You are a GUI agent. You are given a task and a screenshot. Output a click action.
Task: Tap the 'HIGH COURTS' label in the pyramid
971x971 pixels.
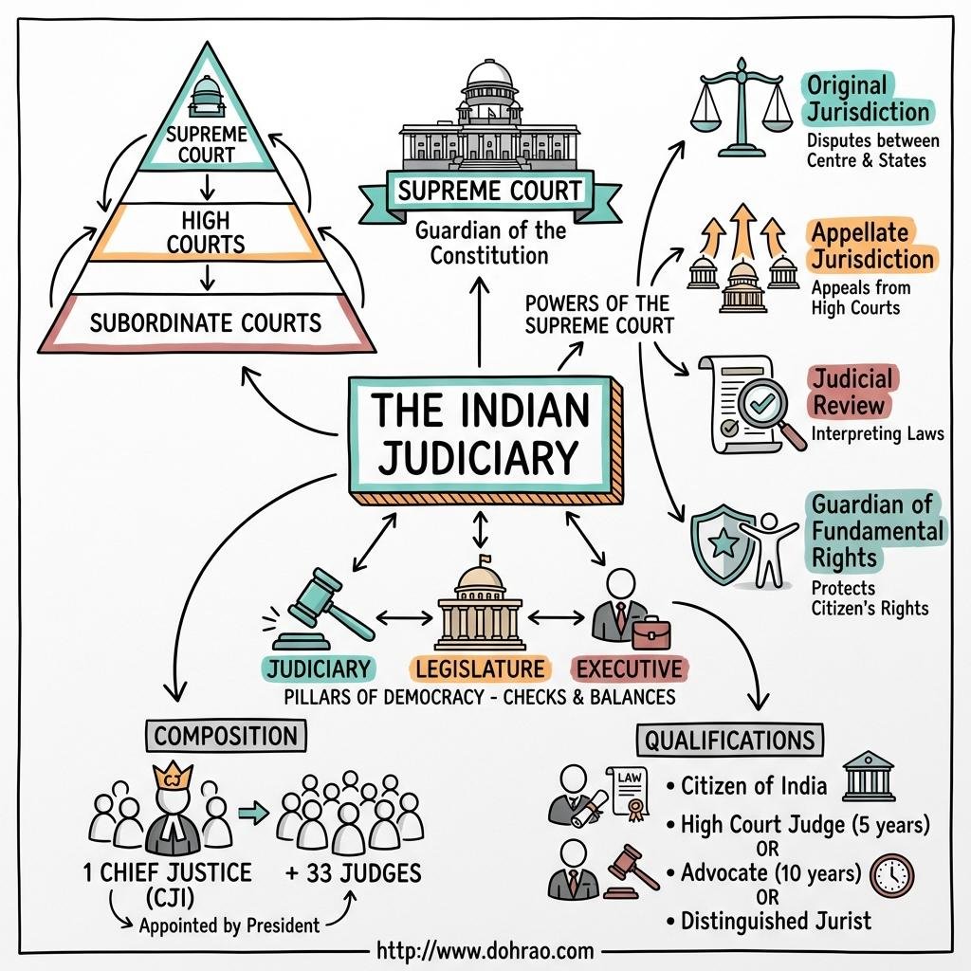[x=206, y=233]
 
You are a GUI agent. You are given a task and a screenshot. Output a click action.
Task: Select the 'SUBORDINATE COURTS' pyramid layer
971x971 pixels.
[x=206, y=322]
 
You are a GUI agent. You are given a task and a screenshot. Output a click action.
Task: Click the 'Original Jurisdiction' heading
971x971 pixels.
[x=867, y=98]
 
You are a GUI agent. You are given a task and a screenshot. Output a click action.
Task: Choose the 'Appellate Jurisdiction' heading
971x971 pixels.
[x=871, y=246]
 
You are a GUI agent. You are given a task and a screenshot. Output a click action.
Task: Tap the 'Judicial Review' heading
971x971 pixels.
[x=851, y=392]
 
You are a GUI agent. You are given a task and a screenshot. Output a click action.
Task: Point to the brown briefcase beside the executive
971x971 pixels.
[x=650, y=632]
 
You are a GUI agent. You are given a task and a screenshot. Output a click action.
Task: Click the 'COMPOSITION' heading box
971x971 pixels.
[x=226, y=736]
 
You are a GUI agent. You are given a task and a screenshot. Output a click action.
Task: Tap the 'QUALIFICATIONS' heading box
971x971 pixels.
[x=729, y=740]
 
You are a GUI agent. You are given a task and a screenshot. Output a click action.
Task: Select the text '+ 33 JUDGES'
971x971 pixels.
[x=353, y=871]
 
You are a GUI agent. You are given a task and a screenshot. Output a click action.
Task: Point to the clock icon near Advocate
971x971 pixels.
[x=891, y=875]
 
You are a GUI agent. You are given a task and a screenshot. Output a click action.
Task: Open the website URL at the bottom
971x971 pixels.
[x=485, y=949]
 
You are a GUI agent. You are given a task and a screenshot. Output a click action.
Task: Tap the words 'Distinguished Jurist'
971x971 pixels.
[x=775, y=920]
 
